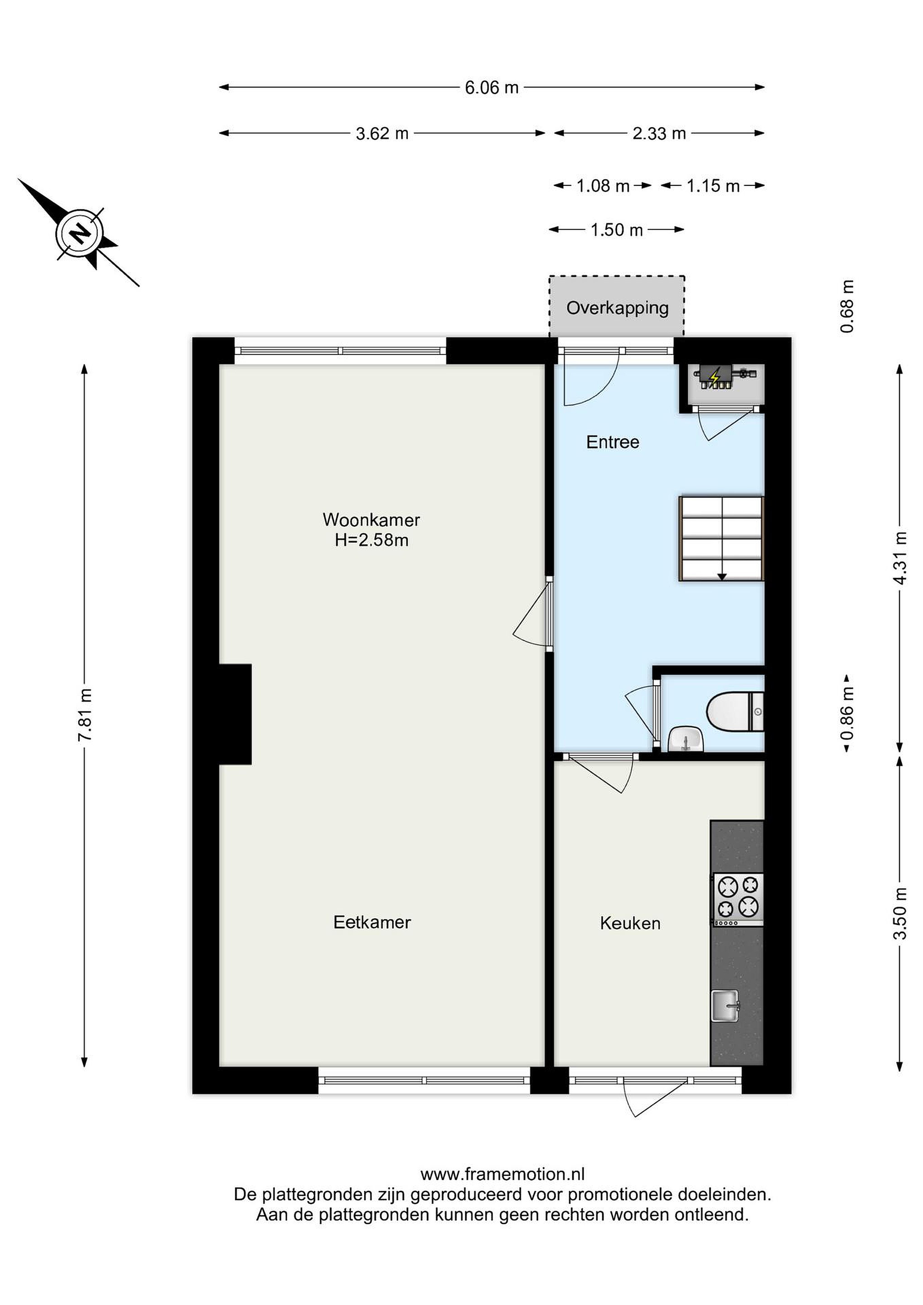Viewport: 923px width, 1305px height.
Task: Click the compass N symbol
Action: [x=80, y=232]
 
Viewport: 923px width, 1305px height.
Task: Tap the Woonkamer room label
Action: [x=371, y=519]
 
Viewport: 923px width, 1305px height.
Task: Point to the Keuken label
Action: [x=630, y=923]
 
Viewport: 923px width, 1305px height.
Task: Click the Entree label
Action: [x=613, y=442]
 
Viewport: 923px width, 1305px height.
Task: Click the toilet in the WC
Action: [x=735, y=711]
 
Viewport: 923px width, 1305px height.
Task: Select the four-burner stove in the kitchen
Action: [x=738, y=899]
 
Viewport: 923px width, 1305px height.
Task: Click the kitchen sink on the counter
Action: [x=725, y=1005]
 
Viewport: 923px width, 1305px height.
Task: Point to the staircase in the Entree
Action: [x=721, y=538]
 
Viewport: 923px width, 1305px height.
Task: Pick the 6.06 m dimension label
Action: [x=492, y=87]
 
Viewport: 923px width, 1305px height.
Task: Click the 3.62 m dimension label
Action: [x=382, y=134]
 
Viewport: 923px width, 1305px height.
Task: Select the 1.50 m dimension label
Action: [x=617, y=230]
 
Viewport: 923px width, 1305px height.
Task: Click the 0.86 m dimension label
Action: [x=847, y=714]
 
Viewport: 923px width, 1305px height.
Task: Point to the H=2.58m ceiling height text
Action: [x=372, y=540]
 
